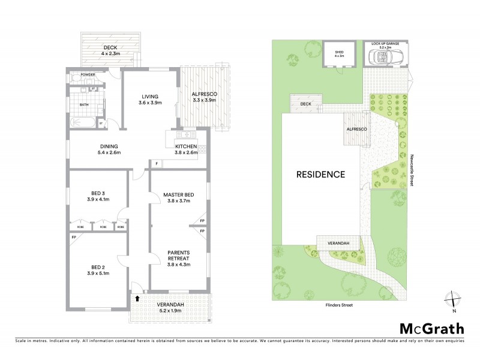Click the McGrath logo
coord(431,328)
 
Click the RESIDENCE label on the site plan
coord(321,175)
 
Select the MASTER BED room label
coord(178,197)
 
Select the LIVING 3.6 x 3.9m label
coord(149,99)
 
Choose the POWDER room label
coord(80,75)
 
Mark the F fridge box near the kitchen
coord(156,163)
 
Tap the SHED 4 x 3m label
coord(339,54)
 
